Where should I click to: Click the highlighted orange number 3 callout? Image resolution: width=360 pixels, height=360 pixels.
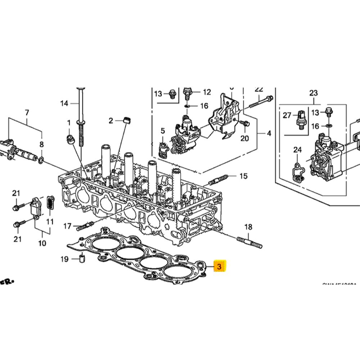(219, 267)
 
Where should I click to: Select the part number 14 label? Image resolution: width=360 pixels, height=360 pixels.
(64, 104)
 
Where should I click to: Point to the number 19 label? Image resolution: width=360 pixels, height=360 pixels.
(64, 259)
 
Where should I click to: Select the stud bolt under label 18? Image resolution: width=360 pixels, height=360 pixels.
(249, 242)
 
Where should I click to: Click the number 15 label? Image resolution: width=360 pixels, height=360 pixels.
(244, 176)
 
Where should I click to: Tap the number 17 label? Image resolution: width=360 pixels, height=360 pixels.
(67, 226)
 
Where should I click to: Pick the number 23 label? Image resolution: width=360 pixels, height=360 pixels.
(314, 93)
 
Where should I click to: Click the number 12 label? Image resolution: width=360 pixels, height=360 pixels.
(207, 92)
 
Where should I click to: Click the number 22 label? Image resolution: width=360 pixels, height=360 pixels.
(259, 89)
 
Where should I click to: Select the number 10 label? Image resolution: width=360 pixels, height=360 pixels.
(42, 243)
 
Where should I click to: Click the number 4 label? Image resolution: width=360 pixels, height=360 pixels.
(269, 133)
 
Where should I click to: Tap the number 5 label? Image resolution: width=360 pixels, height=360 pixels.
(163, 131)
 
